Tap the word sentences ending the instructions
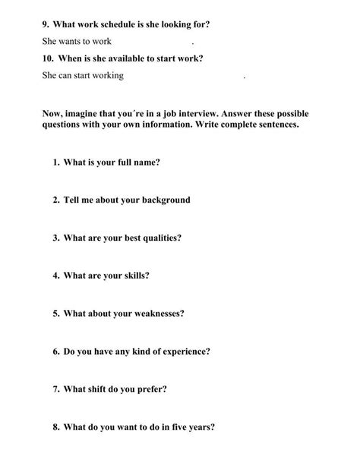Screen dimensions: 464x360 coord(273,126)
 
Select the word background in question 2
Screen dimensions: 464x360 coord(165,200)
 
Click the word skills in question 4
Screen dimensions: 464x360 coord(135,275)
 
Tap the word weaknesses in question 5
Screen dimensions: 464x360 coord(157,313)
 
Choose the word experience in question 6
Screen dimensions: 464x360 coord(182,351)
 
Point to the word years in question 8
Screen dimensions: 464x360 coord(199,427)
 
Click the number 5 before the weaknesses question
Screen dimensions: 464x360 coord(56,313)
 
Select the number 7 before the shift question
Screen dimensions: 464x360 coord(56,389)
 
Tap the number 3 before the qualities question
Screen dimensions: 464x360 coord(56,238)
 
